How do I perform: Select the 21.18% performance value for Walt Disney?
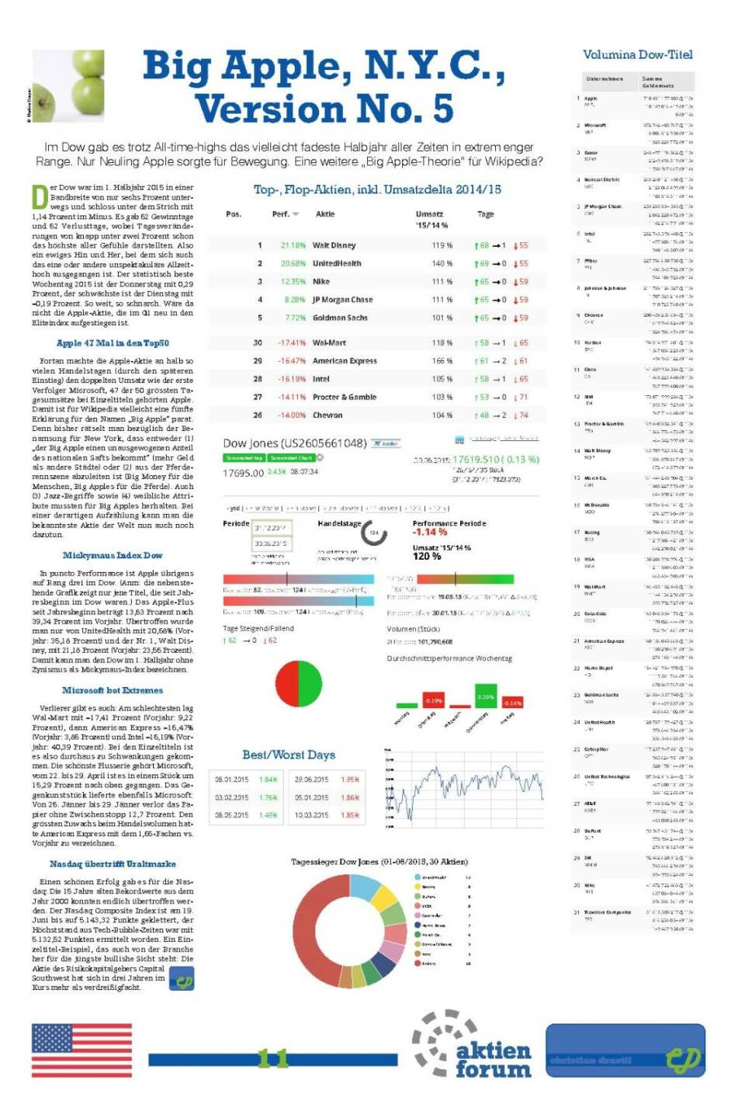click(x=293, y=245)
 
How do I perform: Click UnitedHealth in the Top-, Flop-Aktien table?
click(x=337, y=263)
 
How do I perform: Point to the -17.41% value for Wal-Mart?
click(x=292, y=342)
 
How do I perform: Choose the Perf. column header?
click(x=281, y=214)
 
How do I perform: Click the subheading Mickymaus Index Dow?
click(x=113, y=555)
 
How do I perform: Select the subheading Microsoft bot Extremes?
click(x=113, y=690)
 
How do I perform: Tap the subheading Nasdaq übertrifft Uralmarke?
click(x=113, y=864)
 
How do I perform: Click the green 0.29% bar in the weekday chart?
click(x=486, y=697)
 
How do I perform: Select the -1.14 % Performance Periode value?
click(x=430, y=533)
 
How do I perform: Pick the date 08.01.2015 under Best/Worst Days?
click(x=231, y=779)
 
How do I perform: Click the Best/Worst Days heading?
click(x=288, y=755)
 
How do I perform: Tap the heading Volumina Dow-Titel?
click(x=637, y=54)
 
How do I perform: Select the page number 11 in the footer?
click(x=272, y=1058)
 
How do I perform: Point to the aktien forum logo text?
click(x=493, y=1060)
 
